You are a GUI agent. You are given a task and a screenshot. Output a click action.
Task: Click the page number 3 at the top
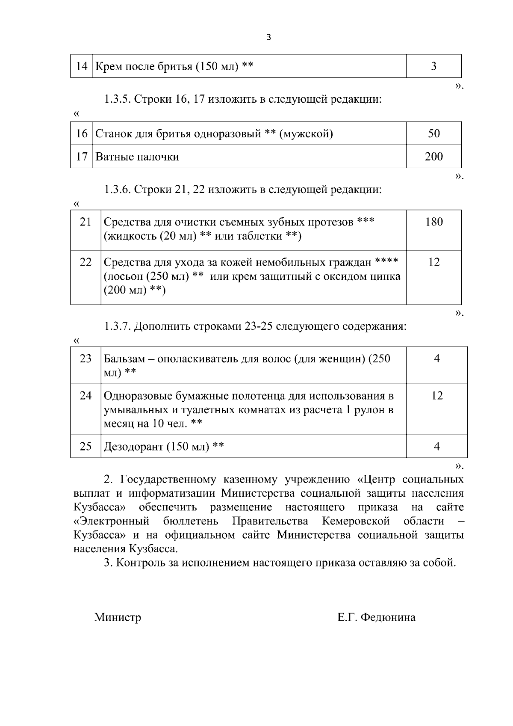click(268, 37)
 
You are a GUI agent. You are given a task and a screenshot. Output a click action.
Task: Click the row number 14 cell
click(81, 66)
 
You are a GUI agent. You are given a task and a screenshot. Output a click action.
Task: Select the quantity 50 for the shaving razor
click(433, 133)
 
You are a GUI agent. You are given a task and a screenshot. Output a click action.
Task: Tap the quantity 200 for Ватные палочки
click(433, 157)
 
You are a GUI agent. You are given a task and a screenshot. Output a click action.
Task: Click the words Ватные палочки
click(137, 157)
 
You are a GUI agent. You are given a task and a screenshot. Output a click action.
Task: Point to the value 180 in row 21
click(433, 222)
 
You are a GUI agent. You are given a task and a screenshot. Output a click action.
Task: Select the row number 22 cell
click(85, 262)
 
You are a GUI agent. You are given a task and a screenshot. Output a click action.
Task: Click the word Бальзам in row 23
click(124, 359)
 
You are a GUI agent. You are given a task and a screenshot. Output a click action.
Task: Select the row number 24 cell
click(85, 395)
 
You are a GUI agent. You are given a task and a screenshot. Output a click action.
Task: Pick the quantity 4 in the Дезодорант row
click(436, 447)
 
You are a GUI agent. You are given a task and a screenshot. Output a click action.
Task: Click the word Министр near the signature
click(118, 617)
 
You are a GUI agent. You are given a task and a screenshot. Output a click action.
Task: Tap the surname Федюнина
click(388, 617)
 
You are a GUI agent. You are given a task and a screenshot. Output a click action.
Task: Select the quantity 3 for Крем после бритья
click(433, 66)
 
